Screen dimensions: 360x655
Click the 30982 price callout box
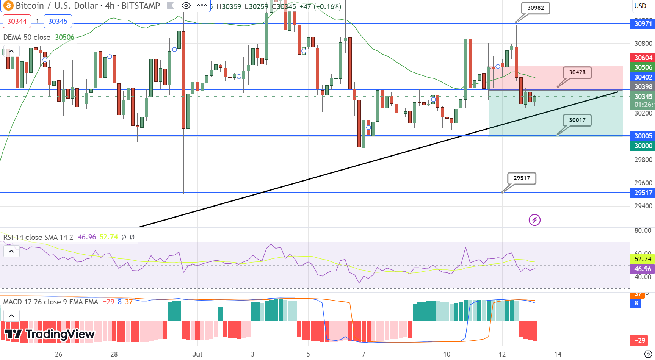point(535,8)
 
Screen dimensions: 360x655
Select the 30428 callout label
point(577,72)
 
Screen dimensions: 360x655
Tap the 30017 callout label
point(577,120)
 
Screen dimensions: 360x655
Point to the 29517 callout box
point(522,178)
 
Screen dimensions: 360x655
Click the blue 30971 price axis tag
point(643,24)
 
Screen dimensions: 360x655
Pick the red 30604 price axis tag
point(643,58)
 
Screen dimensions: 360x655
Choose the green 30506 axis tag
point(643,67)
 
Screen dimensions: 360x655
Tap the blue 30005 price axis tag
point(643,136)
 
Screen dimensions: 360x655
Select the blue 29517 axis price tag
point(643,193)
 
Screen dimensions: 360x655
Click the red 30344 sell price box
point(17,21)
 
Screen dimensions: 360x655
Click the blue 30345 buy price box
point(58,21)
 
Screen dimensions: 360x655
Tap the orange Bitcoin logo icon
point(8,6)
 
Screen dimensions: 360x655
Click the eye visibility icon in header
point(186,6)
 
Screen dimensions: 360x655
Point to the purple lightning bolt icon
point(534,220)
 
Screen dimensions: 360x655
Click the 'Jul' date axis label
point(197,354)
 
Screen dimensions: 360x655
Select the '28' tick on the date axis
point(114,354)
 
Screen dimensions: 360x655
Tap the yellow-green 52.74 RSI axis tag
point(643,259)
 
